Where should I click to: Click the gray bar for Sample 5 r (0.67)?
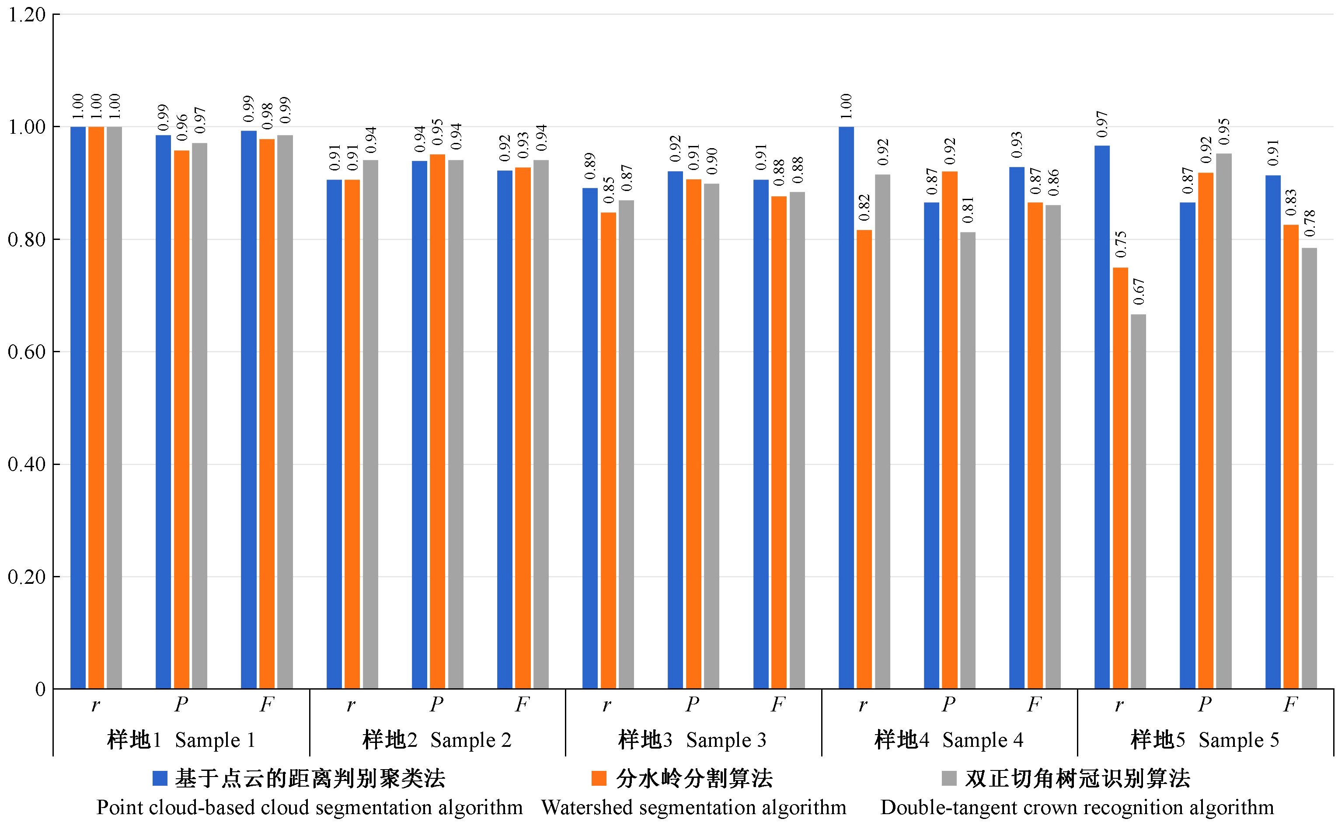[x=1138, y=501]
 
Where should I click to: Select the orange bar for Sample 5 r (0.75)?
[x=1120, y=478]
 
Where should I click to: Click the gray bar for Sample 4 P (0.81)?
[x=968, y=460]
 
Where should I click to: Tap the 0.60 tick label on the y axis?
[x=26, y=352]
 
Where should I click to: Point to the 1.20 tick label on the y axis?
[x=26, y=15]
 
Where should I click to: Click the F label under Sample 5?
[x=1290, y=704]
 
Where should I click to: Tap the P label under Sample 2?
[x=437, y=704]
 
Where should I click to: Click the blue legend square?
[x=160, y=779]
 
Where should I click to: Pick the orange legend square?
[x=599, y=779]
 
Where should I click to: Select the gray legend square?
[x=948, y=779]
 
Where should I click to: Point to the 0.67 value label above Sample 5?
[x=1138, y=291]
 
